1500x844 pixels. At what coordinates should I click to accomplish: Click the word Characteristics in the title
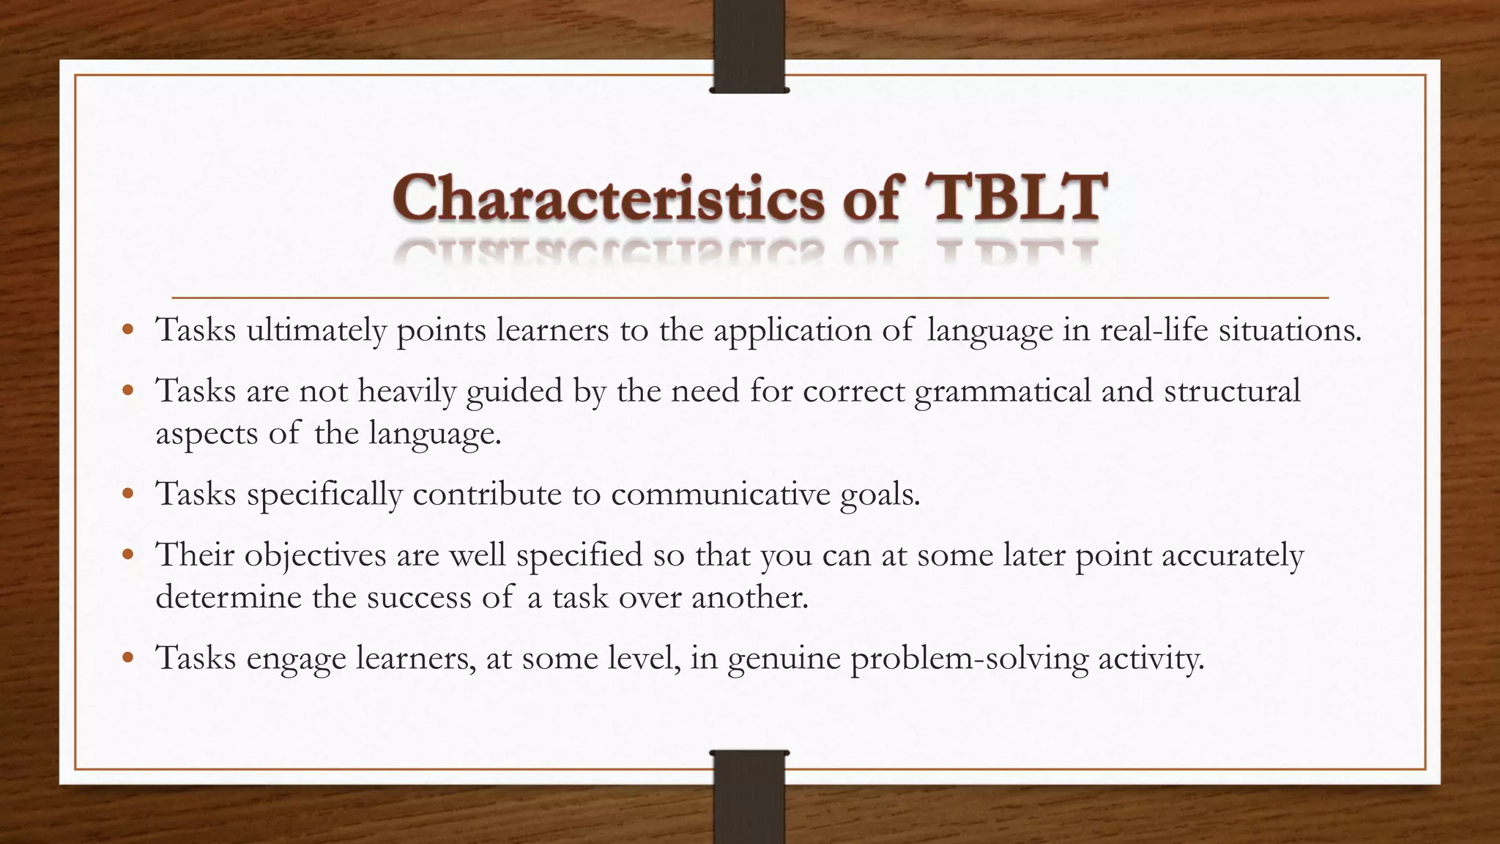pos(608,198)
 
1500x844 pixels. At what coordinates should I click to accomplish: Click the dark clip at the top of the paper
pos(749,47)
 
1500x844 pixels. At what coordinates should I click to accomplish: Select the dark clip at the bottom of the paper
pos(749,795)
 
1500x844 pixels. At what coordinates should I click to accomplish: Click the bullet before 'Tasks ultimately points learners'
pos(128,330)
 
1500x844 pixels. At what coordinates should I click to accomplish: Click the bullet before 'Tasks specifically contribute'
pos(128,495)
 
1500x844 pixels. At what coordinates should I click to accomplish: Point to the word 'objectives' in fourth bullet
pos(315,555)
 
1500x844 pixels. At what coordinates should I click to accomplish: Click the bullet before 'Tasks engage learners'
pos(128,659)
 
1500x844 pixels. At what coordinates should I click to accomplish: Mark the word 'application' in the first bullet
pos(792,332)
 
